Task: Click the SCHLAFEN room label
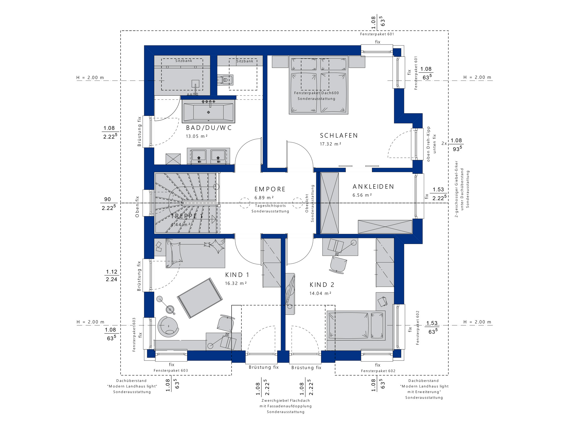click(339, 136)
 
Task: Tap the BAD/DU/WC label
click(209, 128)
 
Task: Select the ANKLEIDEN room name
click(373, 187)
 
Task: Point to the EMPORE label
click(270, 189)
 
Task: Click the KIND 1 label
click(237, 275)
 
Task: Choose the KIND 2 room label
click(322, 285)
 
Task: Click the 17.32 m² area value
click(331, 144)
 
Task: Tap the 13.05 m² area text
click(197, 136)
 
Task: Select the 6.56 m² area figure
click(362, 195)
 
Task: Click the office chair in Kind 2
click(338, 265)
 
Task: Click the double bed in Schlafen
click(318, 85)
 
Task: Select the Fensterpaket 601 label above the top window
click(377, 34)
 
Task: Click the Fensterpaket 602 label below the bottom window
click(378, 371)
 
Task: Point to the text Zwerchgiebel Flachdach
click(286, 400)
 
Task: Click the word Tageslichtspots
click(270, 206)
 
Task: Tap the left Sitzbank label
click(184, 61)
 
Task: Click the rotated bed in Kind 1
click(200, 298)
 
